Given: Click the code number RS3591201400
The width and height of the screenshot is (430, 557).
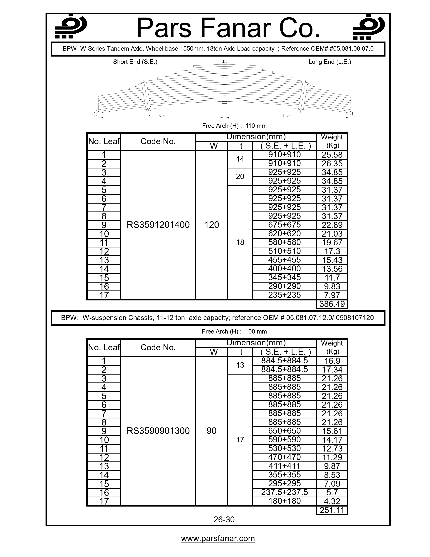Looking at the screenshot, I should pyautogui.click(x=158, y=225).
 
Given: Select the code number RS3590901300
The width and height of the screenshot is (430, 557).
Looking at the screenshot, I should pyautogui.click(x=158, y=431).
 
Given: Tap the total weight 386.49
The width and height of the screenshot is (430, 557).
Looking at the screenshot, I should pyautogui.click(x=332, y=304).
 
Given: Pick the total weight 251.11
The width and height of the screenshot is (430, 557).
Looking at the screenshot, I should pyautogui.click(x=332, y=510).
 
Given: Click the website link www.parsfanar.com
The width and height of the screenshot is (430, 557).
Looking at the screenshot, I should pyautogui.click(x=218, y=538).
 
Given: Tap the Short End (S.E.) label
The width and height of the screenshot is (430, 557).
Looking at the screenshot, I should pyautogui.click(x=135, y=62).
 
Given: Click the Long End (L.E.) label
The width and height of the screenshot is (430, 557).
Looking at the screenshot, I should pyautogui.click(x=330, y=62).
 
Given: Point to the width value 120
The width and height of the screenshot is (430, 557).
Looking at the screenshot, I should pyautogui.click(x=211, y=225).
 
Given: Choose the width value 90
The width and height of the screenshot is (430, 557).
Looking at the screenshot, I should pyautogui.click(x=211, y=431).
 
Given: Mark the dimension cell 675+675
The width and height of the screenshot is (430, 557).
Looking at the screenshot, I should pyautogui.click(x=284, y=225).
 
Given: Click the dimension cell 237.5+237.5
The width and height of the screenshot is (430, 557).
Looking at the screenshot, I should pyautogui.click(x=284, y=492).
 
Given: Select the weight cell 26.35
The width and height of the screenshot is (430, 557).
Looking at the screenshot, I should pyautogui.click(x=332, y=164).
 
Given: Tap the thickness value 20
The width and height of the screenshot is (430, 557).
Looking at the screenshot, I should pyautogui.click(x=240, y=177).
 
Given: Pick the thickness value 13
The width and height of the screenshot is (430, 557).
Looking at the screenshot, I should pyautogui.click(x=240, y=365).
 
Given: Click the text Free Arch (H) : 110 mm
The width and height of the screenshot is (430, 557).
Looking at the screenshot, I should pyautogui.click(x=234, y=126).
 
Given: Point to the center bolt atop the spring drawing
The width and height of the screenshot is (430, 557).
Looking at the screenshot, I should pyautogui.click(x=225, y=62).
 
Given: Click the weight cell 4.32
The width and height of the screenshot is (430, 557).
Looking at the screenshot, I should pyautogui.click(x=332, y=501).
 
